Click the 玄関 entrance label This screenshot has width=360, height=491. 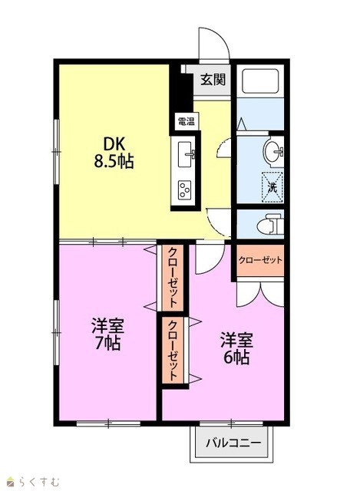[x=213, y=79]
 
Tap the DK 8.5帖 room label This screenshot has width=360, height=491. [x=114, y=153]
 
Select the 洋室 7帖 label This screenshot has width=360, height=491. [x=107, y=334]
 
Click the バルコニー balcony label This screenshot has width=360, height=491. [x=233, y=443]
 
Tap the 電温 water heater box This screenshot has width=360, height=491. [x=187, y=121]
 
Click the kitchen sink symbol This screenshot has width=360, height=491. [x=185, y=154]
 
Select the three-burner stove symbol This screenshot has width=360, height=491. [x=185, y=190]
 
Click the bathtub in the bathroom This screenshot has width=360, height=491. [x=260, y=81]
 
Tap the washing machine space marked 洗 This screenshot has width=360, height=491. [x=272, y=187]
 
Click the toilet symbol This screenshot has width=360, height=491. [x=269, y=224]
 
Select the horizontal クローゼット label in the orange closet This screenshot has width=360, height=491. [x=260, y=260]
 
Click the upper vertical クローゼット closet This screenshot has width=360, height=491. [x=173, y=278]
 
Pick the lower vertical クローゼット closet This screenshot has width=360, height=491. [x=173, y=350]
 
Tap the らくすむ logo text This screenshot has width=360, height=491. [x=38, y=481]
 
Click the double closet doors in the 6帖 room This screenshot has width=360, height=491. [x=260, y=295]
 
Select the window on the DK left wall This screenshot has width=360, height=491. [x=56, y=152]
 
